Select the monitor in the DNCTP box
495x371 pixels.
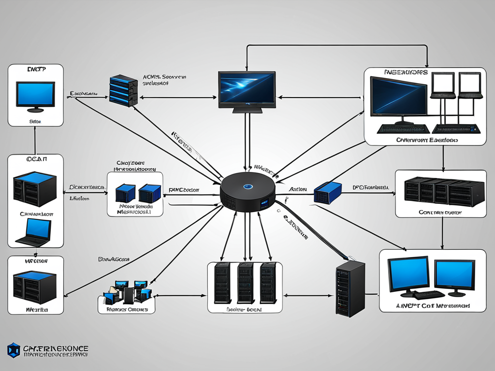tap(35, 94)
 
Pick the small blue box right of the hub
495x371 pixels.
tap(322, 192)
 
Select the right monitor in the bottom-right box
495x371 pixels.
tap(454, 276)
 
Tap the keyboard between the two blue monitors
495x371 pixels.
tap(429, 295)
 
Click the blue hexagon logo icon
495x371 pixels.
tap(14, 350)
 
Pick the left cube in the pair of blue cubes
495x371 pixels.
tap(125, 193)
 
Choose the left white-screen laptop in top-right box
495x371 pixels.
tap(443, 85)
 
